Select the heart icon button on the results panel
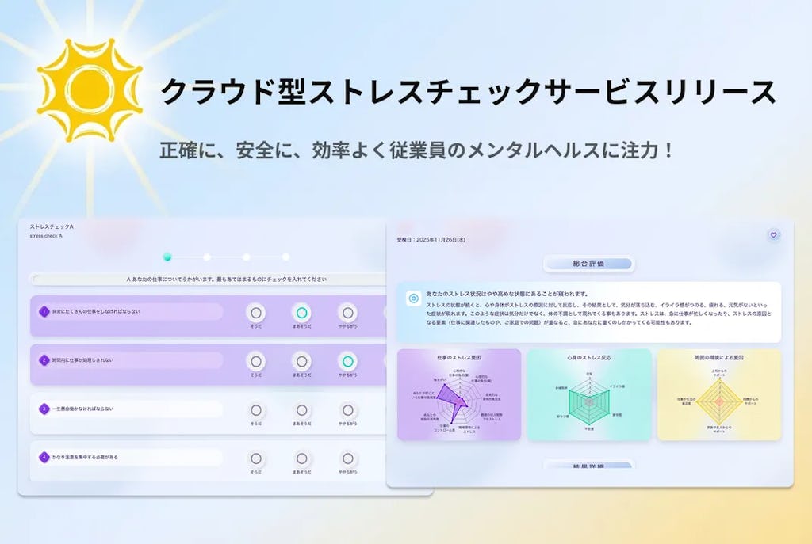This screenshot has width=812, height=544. coord(773,234)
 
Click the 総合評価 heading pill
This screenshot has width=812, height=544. coord(588,264)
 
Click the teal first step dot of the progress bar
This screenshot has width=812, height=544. coord(167,257)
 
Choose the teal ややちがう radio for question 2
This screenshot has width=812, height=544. coord(347,361)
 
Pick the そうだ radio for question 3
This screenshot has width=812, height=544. coord(255,410)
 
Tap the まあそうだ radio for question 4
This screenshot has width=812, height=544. coord(301,458)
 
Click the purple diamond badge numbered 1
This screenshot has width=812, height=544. coord(44,311)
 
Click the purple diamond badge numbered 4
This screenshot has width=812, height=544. coord(44,457)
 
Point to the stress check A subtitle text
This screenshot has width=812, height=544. coord(46,236)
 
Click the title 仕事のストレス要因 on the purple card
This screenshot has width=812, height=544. coord(459,358)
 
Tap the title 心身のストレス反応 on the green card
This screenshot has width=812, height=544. coord(588,358)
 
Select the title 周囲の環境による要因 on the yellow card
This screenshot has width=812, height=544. coord(718,358)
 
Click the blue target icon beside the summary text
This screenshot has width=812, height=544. coord(413,299)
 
